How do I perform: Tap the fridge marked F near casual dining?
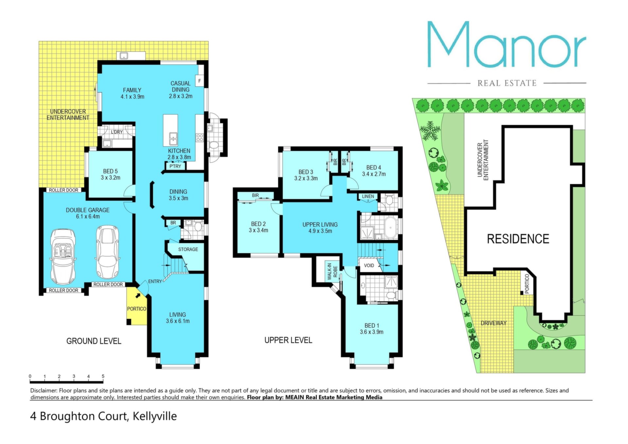200,81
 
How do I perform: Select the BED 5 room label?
110,171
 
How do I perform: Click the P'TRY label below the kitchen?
175,166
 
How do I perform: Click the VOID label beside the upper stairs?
369,265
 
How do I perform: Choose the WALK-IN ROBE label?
332,272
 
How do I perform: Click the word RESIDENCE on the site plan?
518,239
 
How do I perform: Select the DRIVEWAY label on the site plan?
494,323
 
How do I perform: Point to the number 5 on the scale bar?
103,376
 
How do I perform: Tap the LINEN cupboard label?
368,196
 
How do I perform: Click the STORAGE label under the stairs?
188,249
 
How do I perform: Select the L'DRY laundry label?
117,132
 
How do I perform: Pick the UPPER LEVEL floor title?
288,340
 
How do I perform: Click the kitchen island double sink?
173,139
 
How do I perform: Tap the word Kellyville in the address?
155,416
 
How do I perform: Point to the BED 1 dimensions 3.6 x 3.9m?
372,332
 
